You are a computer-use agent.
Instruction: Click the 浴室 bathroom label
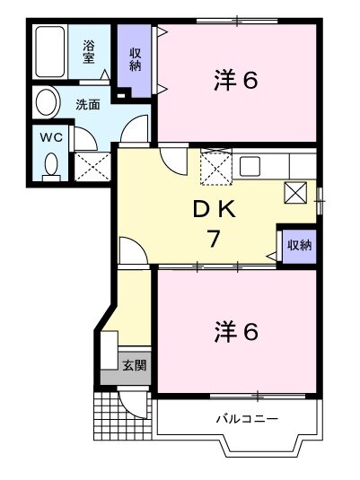[89, 51]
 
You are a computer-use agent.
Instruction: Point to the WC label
[50, 138]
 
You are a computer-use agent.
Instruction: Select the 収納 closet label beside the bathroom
[136, 58]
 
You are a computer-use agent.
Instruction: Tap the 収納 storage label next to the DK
[299, 244]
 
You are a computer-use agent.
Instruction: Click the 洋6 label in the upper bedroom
[236, 81]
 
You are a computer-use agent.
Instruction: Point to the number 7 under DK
[215, 240]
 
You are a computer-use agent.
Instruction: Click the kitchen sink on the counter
[249, 166]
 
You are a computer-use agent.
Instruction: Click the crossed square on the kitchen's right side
[295, 193]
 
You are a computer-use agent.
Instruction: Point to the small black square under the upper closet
[121, 93]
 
